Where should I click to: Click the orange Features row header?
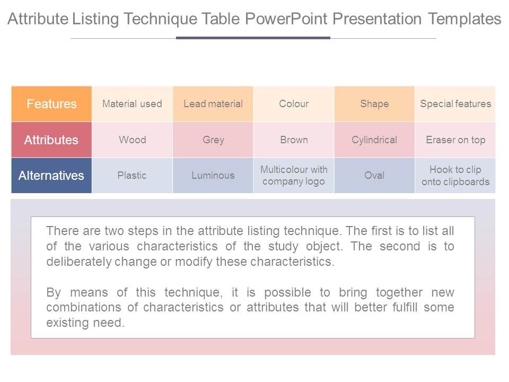[51, 104]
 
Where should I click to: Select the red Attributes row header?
[51, 140]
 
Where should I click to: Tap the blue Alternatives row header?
[51, 176]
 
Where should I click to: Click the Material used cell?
[132, 104]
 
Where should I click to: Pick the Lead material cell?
[213, 104]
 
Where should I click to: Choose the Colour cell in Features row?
[294, 104]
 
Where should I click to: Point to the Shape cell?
[374, 104]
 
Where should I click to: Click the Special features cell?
[455, 104]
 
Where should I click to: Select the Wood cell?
[132, 140]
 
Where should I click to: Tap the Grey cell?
[213, 140]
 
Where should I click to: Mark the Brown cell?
[294, 140]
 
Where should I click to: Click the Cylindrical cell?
[374, 140]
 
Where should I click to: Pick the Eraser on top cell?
[455, 140]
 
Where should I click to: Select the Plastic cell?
[132, 176]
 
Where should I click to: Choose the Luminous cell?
[213, 176]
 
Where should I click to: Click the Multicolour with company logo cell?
[294, 176]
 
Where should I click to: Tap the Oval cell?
[374, 176]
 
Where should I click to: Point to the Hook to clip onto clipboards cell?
[455, 176]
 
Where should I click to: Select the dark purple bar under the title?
[253, 38]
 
